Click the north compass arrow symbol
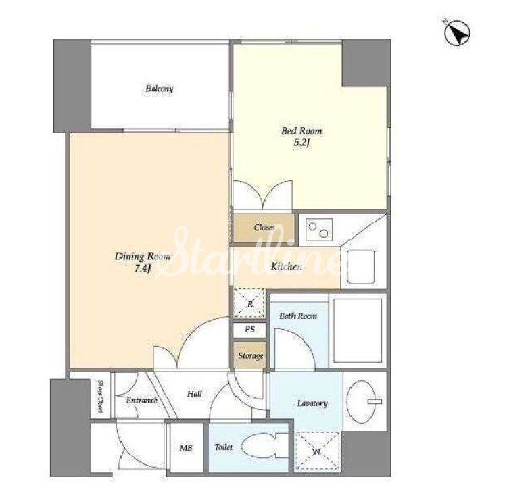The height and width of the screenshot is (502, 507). tap(457, 33)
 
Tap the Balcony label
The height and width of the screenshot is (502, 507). tap(159, 89)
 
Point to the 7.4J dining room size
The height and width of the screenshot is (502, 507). tap(143, 269)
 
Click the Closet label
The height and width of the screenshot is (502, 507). tap(264, 228)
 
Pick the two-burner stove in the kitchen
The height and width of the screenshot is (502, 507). tap(319, 230)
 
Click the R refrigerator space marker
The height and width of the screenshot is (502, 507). tap(249, 303)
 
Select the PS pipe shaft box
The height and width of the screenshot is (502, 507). tap(249, 330)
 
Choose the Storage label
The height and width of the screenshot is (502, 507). tap(251, 356)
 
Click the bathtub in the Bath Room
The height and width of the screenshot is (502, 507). tap(358, 330)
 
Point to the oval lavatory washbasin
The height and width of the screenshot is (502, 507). tap(361, 401)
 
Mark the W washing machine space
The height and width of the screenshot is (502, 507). tap(317, 451)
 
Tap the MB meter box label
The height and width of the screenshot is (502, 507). tap(186, 448)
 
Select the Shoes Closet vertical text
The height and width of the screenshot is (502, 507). tap(100, 397)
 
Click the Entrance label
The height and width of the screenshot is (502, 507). tap(142, 401)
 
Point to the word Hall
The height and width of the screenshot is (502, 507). tap(195, 394)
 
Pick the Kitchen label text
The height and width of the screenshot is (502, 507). tap(287, 266)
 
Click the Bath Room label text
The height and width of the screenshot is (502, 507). tap(298, 316)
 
